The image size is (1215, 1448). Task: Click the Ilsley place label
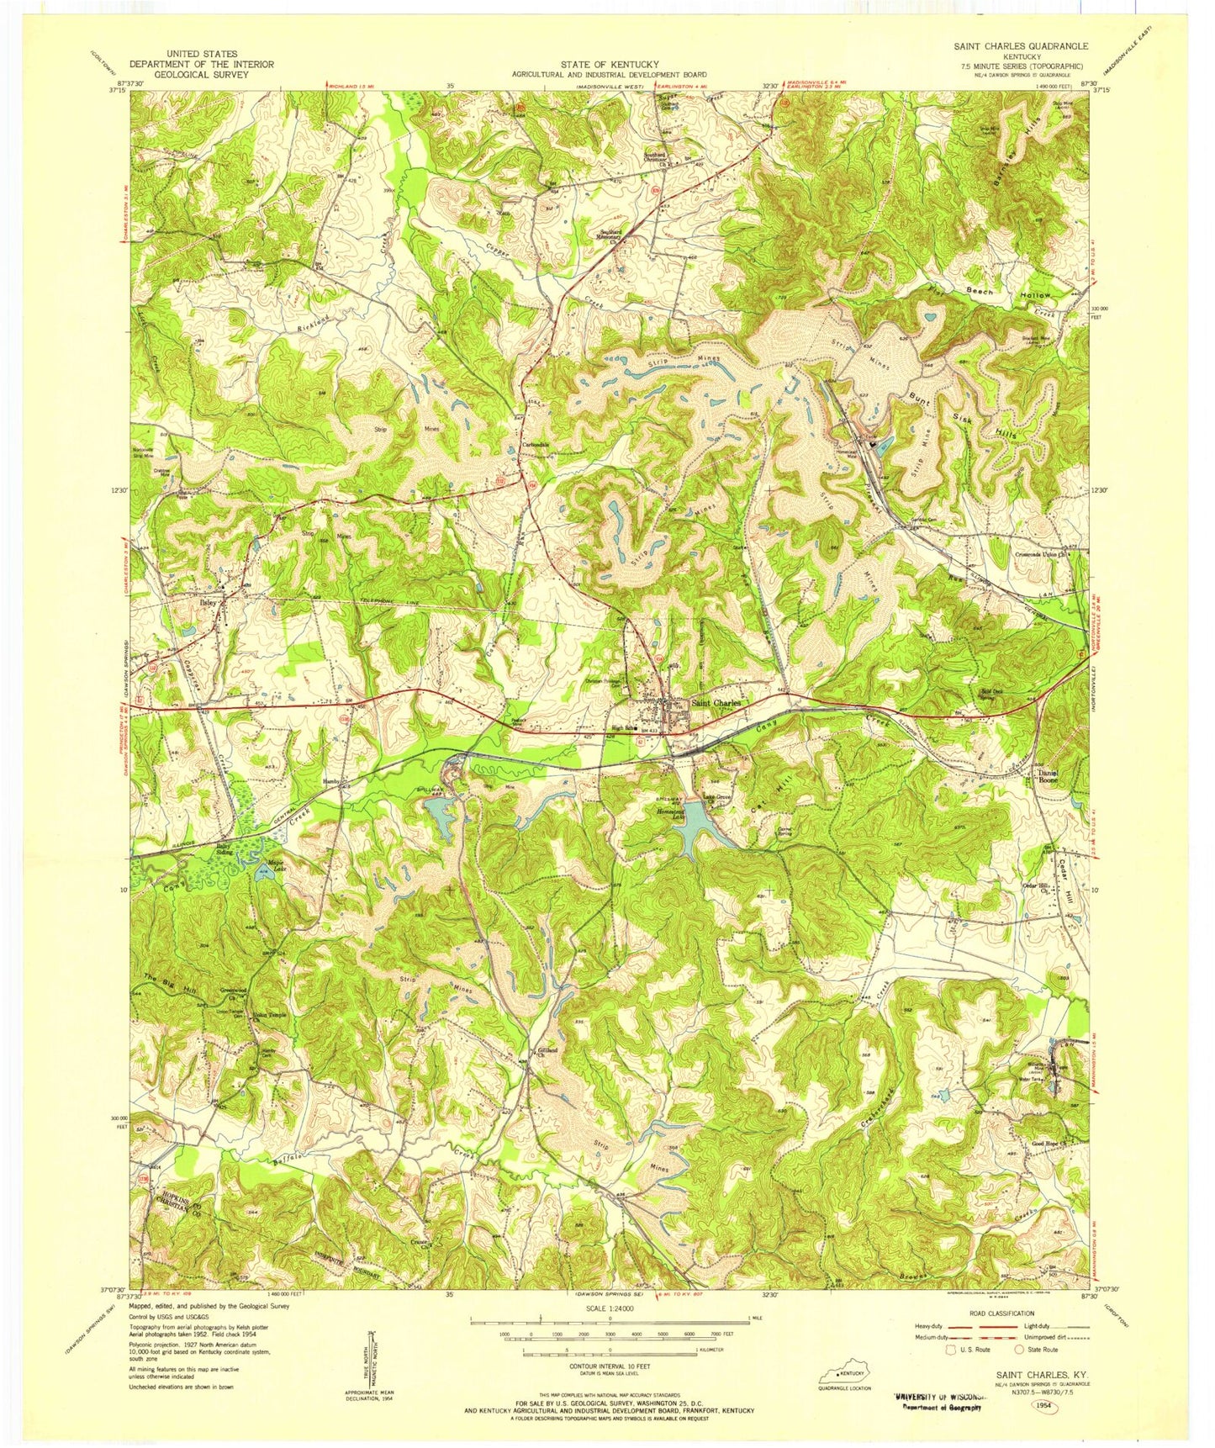point(208,603)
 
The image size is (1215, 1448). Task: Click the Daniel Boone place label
point(1047,777)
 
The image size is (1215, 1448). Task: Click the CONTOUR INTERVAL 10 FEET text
point(609,1389)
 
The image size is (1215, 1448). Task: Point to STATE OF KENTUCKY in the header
point(609,65)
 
